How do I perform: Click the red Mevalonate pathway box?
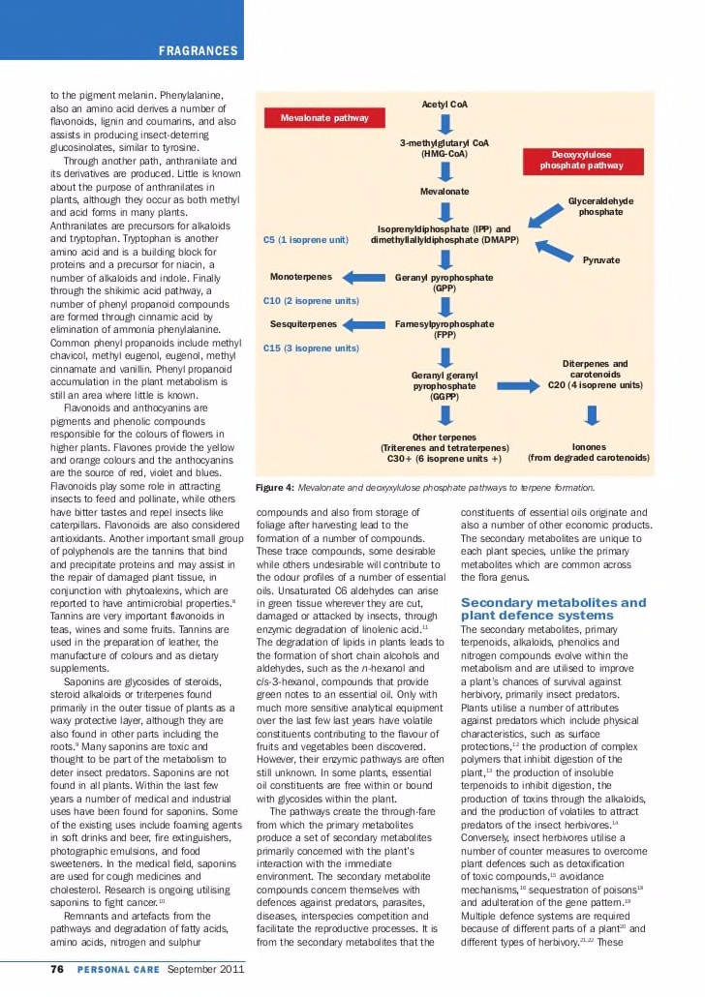[324, 118]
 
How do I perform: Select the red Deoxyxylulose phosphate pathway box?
[581, 161]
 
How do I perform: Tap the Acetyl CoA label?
[444, 104]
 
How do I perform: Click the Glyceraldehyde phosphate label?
[600, 206]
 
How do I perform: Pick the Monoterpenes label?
[303, 277]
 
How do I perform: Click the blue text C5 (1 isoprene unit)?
[305, 239]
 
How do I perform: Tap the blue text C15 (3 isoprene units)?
[311, 347]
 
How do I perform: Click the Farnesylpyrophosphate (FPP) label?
[444, 329]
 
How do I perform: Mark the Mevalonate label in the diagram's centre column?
[444, 192]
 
